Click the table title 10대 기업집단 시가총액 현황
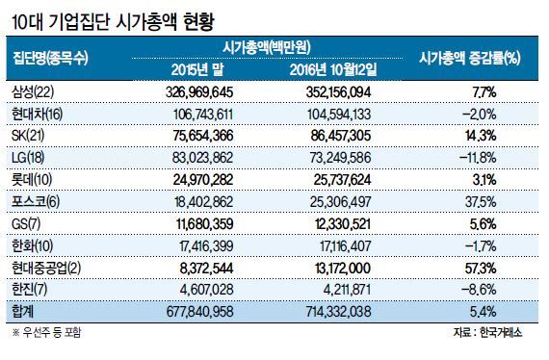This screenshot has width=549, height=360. [113, 22]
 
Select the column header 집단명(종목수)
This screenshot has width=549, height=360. [50, 58]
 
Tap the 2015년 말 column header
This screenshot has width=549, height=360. [197, 70]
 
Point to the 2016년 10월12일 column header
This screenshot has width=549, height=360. [333, 70]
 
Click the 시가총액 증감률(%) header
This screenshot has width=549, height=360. [469, 58]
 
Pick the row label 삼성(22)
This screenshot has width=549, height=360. [33, 92]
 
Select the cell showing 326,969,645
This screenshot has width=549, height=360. [199, 92]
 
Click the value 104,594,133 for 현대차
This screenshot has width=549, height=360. [339, 115]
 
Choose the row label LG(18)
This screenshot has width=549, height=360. [28, 158]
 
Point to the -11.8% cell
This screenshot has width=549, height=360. [478, 158]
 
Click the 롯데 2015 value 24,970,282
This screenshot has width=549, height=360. [203, 180]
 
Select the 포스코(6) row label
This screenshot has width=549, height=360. [36, 201]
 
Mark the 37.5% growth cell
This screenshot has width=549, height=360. [481, 202]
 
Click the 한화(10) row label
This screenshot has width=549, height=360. [32, 245]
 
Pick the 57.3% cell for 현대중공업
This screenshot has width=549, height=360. [481, 268]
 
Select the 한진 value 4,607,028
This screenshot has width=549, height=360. [206, 290]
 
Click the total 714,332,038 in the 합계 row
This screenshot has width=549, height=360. [338, 312]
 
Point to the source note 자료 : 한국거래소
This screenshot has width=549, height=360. [487, 332]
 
